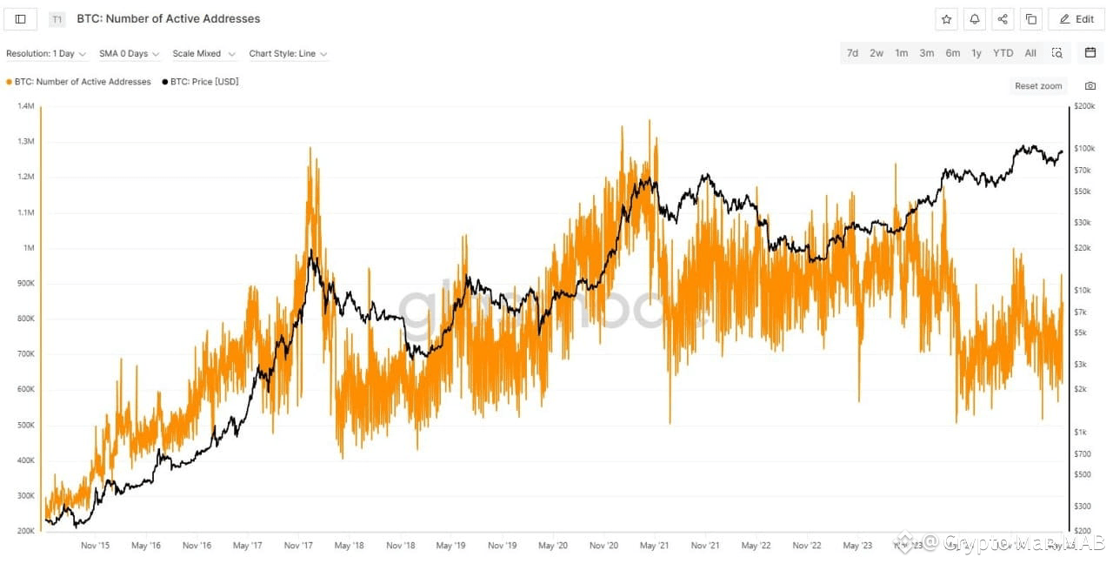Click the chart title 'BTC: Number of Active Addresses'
pyautogui.click(x=168, y=19)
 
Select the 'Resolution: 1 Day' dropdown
pyautogui.click(x=46, y=54)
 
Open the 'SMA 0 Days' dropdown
pyautogui.click(x=129, y=54)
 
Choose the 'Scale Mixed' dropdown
pyautogui.click(x=203, y=54)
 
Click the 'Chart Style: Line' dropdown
pyautogui.click(x=288, y=54)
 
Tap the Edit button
pyautogui.click(x=1076, y=19)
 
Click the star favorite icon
pyautogui.click(x=947, y=19)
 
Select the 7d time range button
pyautogui.click(x=852, y=53)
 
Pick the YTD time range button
pyautogui.click(x=1003, y=53)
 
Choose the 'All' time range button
pyautogui.click(x=1030, y=53)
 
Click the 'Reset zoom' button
pyautogui.click(x=1038, y=86)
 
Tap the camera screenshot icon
pyautogui.click(x=1090, y=86)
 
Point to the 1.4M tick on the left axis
pyautogui.click(x=25, y=106)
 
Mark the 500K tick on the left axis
pyautogui.click(x=24, y=425)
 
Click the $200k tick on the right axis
pyautogui.click(x=1084, y=106)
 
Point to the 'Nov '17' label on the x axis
pyautogui.click(x=298, y=546)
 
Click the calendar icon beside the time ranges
pyautogui.click(x=1090, y=53)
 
